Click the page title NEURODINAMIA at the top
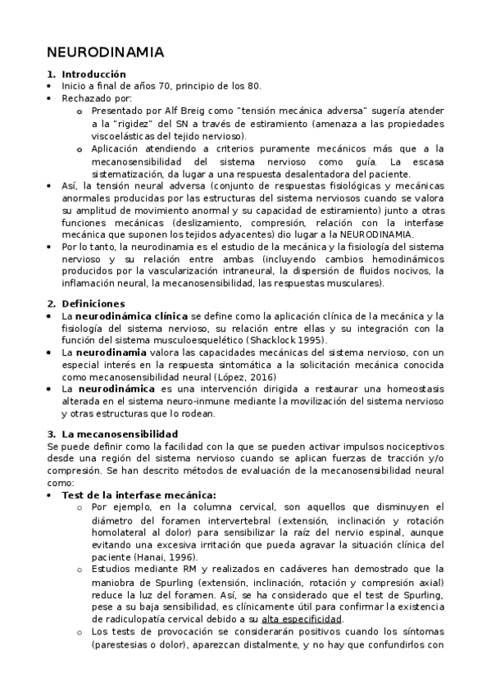(x=106, y=52)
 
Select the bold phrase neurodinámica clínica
(x=131, y=315)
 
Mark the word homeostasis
(x=414, y=389)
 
